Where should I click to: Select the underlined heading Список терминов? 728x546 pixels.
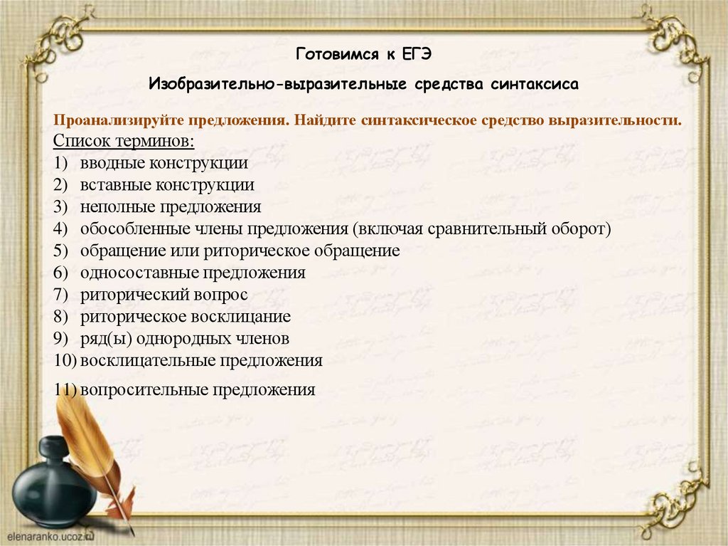point(124,140)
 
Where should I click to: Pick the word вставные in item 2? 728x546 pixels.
point(114,185)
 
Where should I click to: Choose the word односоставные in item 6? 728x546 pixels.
point(139,273)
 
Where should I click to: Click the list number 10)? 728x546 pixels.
point(65,361)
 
